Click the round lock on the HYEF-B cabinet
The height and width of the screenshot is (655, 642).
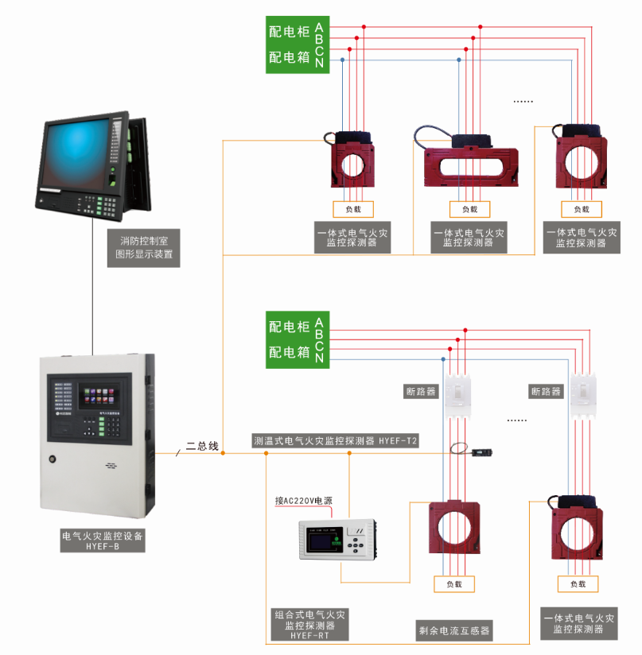53,459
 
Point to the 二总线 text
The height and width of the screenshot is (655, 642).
202,447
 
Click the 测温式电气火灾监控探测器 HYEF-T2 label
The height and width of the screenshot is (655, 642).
335,440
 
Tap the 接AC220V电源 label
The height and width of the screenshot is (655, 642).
303,501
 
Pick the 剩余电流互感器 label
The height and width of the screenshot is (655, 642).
454,632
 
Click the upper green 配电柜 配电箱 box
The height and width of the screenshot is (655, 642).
296,45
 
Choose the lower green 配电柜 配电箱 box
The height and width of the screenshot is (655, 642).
296,339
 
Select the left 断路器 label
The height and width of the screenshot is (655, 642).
422,392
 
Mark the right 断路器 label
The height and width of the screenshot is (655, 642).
546,392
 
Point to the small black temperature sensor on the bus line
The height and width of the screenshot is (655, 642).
481,453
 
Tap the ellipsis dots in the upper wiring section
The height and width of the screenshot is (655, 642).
522,102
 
